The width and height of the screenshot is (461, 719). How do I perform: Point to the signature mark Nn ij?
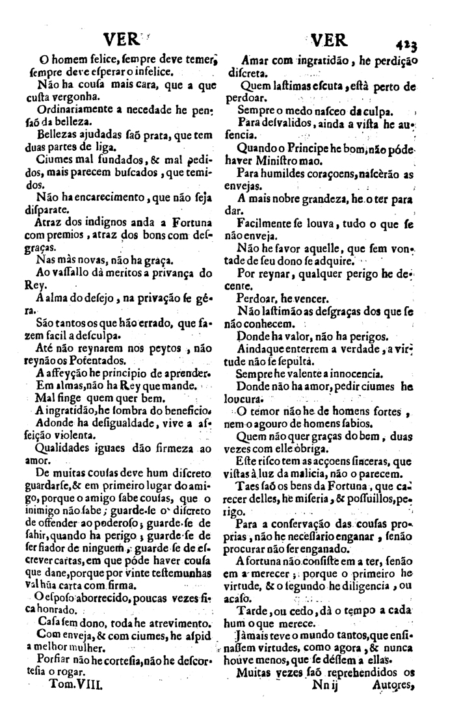[328, 703]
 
